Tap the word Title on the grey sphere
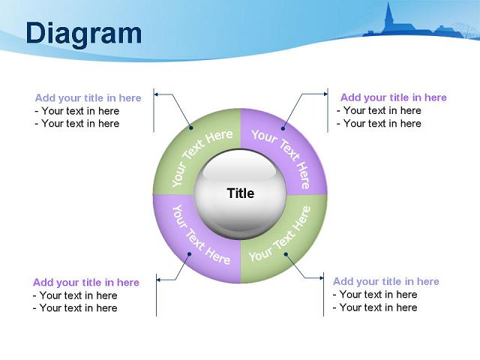point(241,193)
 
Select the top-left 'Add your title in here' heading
point(88,98)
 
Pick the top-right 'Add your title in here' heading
point(393,97)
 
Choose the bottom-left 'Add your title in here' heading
point(86,282)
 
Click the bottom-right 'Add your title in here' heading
point(386,281)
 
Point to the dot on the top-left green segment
point(191,128)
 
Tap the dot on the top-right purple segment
point(283,128)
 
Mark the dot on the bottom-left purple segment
point(189,254)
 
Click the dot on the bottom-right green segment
point(286,254)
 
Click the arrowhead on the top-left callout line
point(156,94)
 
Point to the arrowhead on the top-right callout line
point(325,94)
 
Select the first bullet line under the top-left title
point(76,111)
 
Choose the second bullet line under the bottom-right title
point(375,307)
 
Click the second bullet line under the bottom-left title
point(75,308)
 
